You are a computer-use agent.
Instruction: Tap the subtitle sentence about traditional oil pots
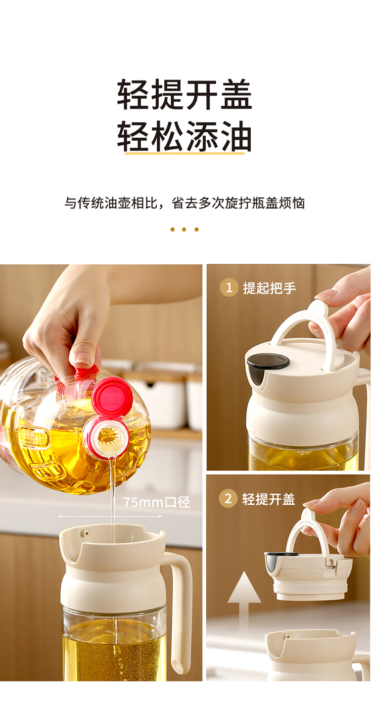coord(185,203)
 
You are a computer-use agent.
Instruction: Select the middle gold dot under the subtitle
coord(184,230)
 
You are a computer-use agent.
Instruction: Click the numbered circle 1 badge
coord(229,287)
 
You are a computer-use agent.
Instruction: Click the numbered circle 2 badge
coord(228,498)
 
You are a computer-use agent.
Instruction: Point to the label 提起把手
coord(270,288)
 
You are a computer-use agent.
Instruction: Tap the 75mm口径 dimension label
coord(157,502)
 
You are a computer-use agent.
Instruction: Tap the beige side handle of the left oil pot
coord(179,609)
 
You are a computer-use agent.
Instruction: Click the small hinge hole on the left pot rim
coord(86,532)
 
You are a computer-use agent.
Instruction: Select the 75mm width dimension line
coord(110,516)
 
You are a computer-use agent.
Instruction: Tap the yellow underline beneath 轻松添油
coord(185,153)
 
